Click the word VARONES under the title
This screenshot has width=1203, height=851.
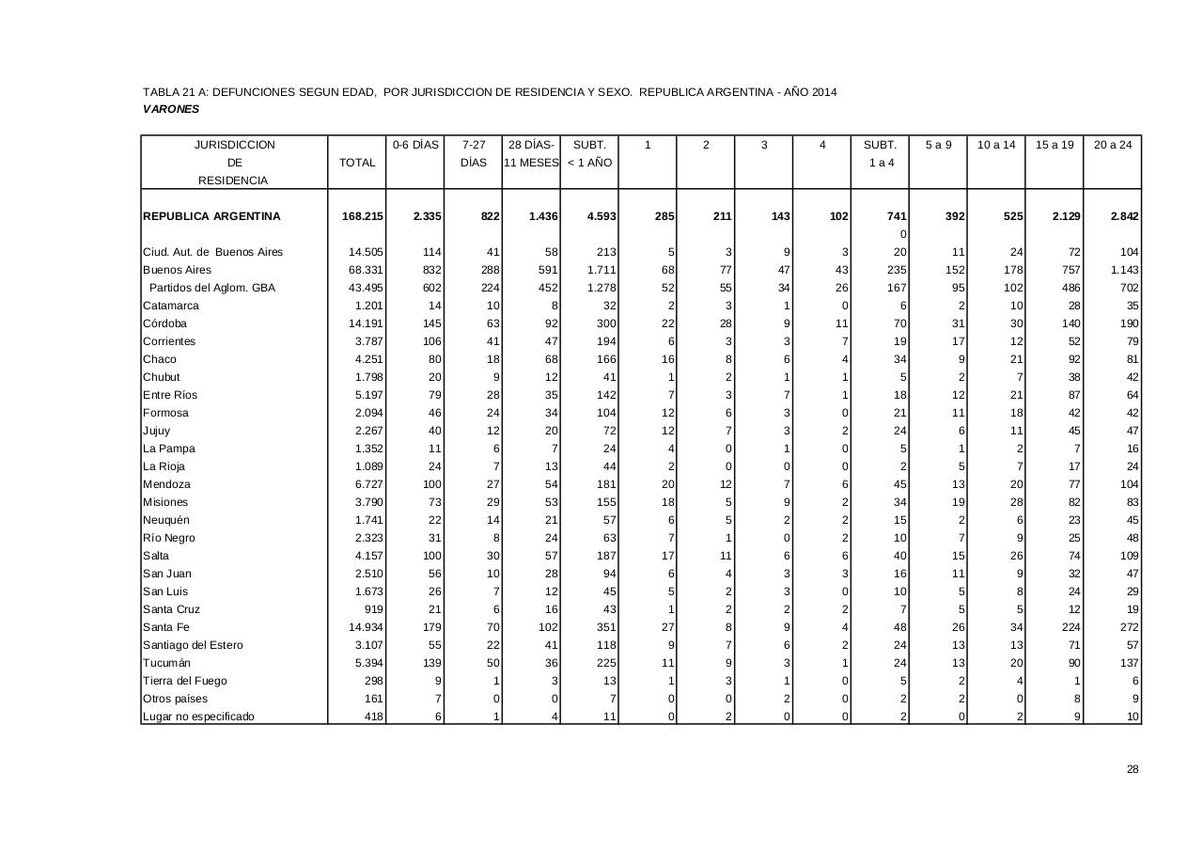point(171,109)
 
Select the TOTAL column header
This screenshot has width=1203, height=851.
point(357,163)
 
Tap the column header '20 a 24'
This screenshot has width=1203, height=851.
point(1113,145)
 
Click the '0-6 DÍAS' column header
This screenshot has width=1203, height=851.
point(415,145)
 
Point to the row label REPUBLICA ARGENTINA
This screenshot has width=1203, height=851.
point(211,216)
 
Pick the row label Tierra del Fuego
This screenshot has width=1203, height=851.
point(185,681)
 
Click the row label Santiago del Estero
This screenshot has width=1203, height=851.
point(193,645)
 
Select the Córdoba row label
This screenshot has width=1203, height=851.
point(165,323)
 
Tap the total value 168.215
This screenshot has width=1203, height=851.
point(363,216)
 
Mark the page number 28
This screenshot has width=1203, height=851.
point(1133,769)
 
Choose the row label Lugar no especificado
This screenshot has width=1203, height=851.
point(198,717)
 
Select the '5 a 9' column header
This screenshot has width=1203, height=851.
point(938,145)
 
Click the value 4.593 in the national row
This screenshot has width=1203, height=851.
point(601,216)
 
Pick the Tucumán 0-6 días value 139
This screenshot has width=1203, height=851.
point(432,663)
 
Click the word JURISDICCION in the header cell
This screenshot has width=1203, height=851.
point(235,145)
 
